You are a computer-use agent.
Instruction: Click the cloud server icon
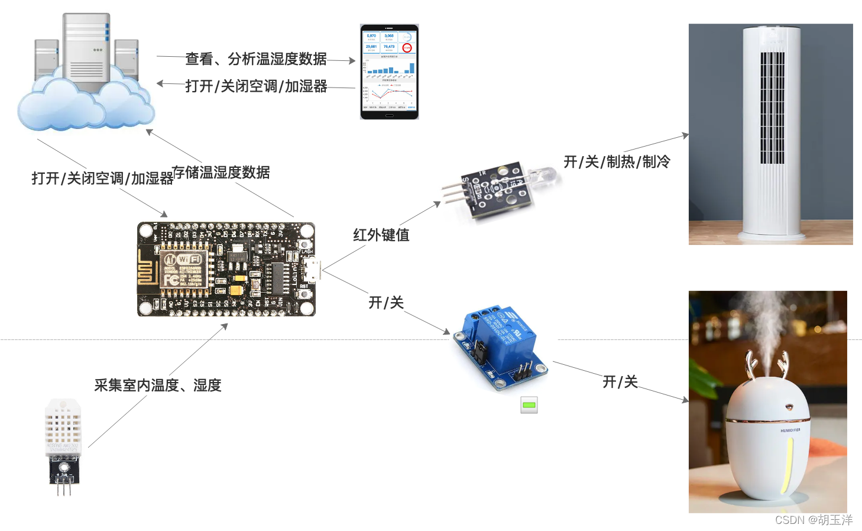click(x=86, y=74)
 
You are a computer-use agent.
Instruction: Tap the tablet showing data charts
click(x=389, y=72)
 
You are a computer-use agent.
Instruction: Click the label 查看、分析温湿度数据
click(x=256, y=59)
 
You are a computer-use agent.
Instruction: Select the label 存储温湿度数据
click(x=221, y=172)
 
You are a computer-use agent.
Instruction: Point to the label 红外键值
click(x=381, y=235)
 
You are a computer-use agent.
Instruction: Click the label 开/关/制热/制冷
click(x=617, y=161)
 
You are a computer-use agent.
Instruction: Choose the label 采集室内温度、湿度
click(x=158, y=385)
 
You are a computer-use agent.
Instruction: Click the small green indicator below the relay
click(x=529, y=404)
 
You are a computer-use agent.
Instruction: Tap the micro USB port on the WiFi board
click(x=312, y=270)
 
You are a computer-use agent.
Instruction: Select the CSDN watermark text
click(x=814, y=520)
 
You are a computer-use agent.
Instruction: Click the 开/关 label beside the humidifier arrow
click(x=620, y=381)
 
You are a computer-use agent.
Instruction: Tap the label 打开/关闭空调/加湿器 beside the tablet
click(x=256, y=86)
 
